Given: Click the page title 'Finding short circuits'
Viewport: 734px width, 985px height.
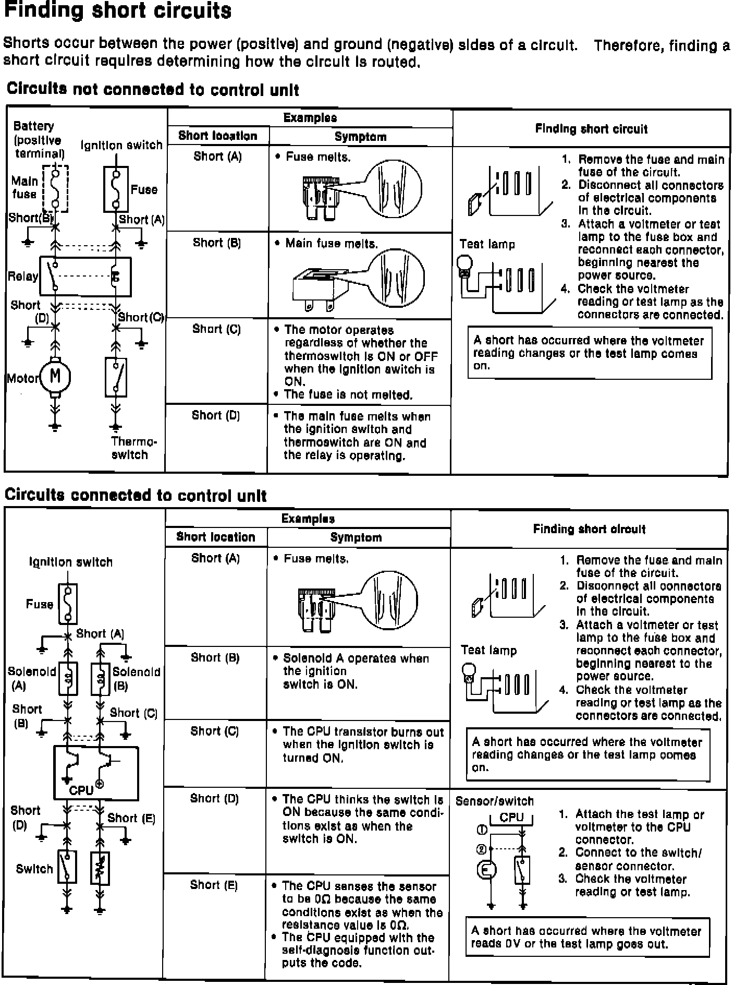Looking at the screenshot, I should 117,11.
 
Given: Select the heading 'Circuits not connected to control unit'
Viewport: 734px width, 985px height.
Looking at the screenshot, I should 153,90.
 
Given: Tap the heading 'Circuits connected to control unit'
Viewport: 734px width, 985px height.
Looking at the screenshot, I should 136,495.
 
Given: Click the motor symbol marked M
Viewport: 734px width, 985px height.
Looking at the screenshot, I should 55,377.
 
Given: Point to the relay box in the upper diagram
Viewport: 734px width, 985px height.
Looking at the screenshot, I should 85,277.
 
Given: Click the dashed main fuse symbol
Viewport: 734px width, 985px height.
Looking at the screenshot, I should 55,188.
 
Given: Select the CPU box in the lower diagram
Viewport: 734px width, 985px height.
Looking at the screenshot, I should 96,773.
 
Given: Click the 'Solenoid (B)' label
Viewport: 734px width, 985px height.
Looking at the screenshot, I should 136,678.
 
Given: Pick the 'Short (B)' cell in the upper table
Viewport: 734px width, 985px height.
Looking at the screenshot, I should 217,243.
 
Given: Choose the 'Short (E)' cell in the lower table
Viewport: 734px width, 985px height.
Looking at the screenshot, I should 214,884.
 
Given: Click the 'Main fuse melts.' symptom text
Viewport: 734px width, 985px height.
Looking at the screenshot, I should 332,244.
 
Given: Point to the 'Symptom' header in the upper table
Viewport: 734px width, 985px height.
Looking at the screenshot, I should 360,137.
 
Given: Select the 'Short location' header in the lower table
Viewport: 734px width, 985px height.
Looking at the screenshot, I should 216,537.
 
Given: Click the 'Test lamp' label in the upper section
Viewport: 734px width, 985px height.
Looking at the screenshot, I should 487,244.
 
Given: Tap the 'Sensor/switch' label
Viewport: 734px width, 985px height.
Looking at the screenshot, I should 494,801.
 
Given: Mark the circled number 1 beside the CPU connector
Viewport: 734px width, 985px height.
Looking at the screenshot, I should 482,830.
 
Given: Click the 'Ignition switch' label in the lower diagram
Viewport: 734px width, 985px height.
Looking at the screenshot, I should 71,562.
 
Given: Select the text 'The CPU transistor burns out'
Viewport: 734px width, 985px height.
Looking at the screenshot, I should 363,732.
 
